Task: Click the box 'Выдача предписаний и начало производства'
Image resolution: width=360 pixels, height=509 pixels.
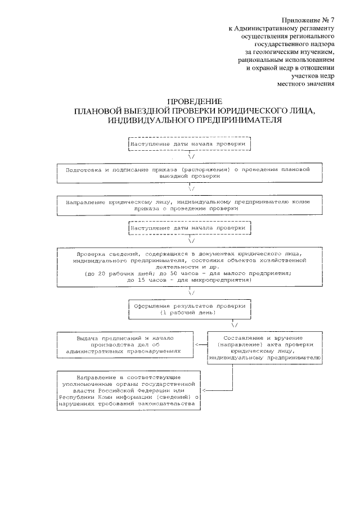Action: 127,345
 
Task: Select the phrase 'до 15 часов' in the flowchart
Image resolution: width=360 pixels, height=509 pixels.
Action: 147,280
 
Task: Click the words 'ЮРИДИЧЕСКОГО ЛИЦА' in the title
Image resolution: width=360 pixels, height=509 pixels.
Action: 271,111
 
